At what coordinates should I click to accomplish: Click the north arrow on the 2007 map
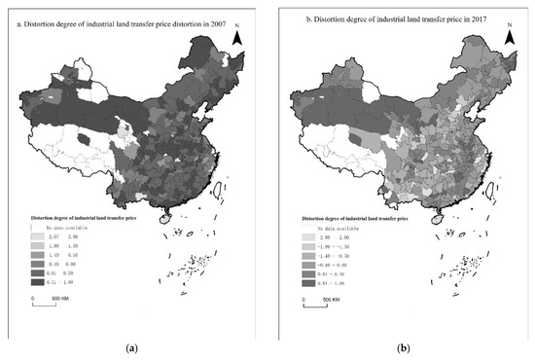point(233,35)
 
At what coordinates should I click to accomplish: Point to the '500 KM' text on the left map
point(58,297)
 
